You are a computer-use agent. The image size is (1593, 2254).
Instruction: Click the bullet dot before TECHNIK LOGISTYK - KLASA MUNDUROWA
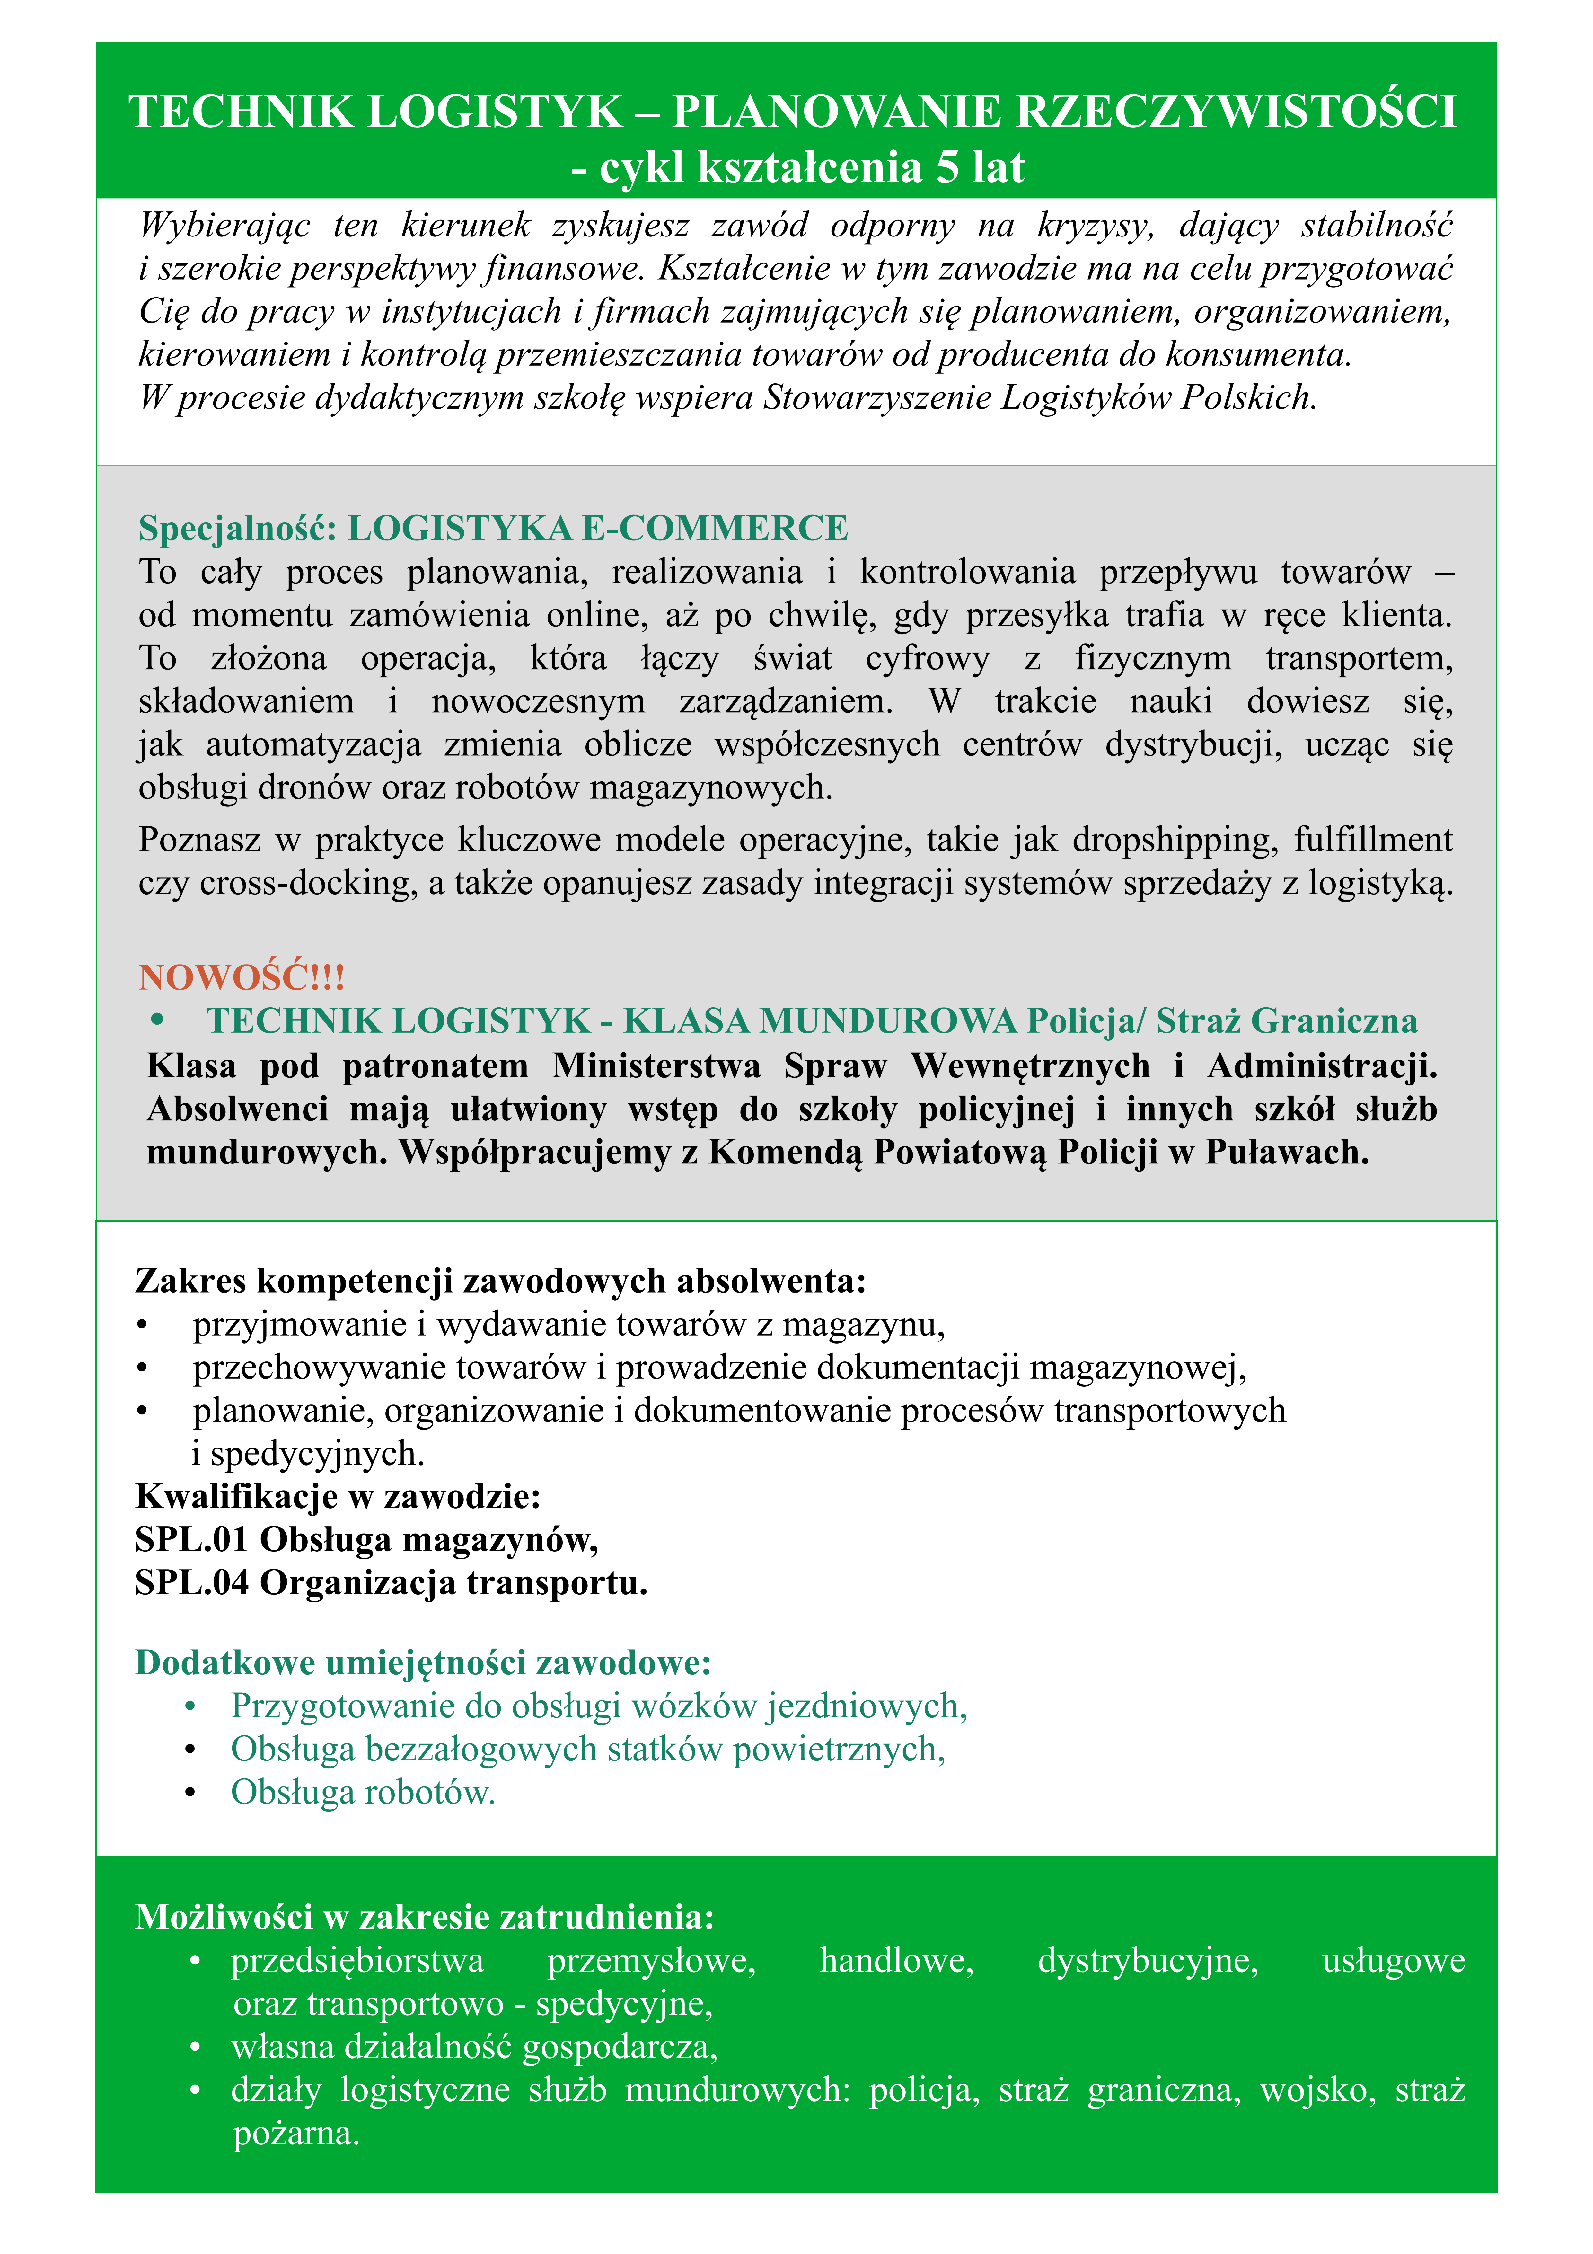(157, 1021)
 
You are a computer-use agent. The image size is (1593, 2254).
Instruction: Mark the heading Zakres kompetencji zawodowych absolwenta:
(501, 1281)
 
